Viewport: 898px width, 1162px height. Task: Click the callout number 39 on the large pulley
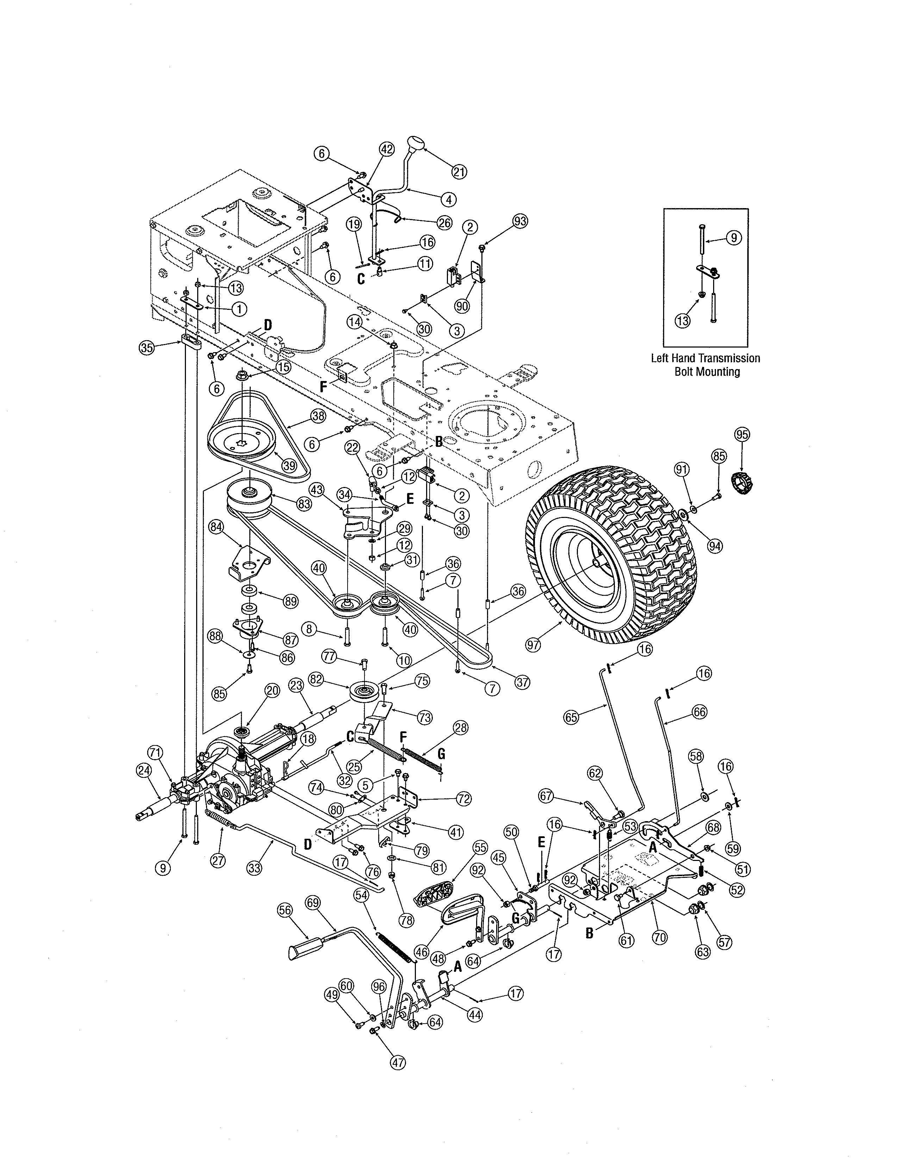pyautogui.click(x=289, y=465)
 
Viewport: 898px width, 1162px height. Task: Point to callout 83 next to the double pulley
pyautogui.click(x=304, y=504)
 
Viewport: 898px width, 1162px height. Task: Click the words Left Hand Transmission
pyautogui.click(x=705, y=358)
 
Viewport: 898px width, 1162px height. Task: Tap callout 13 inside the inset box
pyautogui.click(x=682, y=321)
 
